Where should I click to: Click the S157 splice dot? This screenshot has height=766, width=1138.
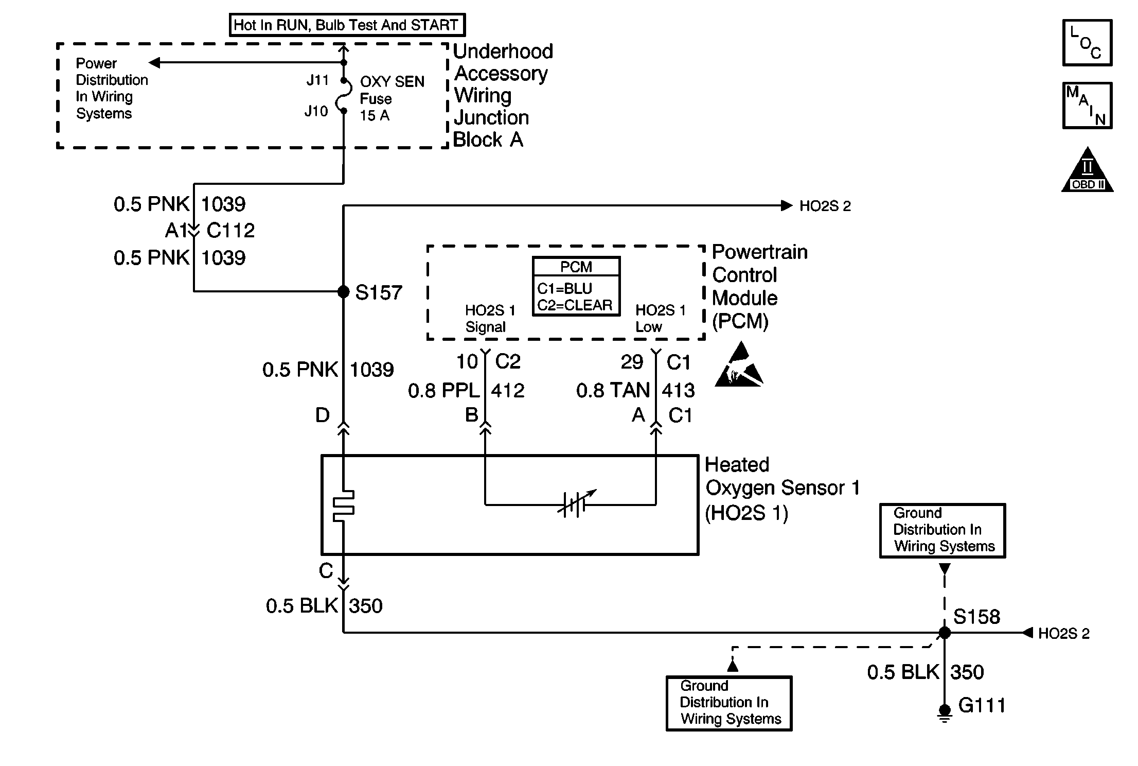343,292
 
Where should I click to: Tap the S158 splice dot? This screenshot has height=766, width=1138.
945,632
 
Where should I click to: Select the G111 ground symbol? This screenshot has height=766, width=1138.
945,713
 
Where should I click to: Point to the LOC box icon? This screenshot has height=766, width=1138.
1087,43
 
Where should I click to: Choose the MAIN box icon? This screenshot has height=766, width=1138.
1087,106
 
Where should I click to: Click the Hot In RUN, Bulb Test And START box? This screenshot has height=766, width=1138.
347,25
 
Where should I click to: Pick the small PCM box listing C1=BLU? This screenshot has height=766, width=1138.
576,286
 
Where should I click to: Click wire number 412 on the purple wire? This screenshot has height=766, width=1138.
507,391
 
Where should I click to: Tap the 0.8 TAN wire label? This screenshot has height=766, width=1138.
612,391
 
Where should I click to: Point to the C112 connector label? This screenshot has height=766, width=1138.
230,231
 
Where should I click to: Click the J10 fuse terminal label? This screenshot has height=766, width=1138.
316,111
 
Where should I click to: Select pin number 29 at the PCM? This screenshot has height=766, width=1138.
632,362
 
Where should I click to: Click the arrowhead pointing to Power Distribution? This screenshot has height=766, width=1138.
154,63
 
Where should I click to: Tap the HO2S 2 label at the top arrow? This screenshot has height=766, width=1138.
825,206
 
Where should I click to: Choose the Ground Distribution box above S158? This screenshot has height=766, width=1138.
942,530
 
